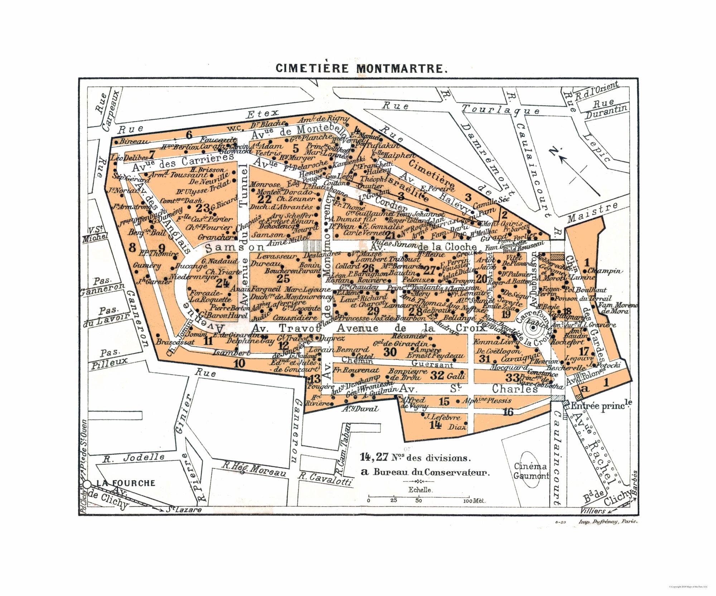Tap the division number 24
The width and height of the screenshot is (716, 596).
pos(222,283)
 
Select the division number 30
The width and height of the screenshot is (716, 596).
pos(390,352)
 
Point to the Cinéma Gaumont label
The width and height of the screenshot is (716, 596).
pos(531,471)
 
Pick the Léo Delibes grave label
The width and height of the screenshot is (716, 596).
pos(129,158)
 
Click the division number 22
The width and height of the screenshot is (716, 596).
pos(265,199)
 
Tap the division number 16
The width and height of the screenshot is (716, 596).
pos(508,412)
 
